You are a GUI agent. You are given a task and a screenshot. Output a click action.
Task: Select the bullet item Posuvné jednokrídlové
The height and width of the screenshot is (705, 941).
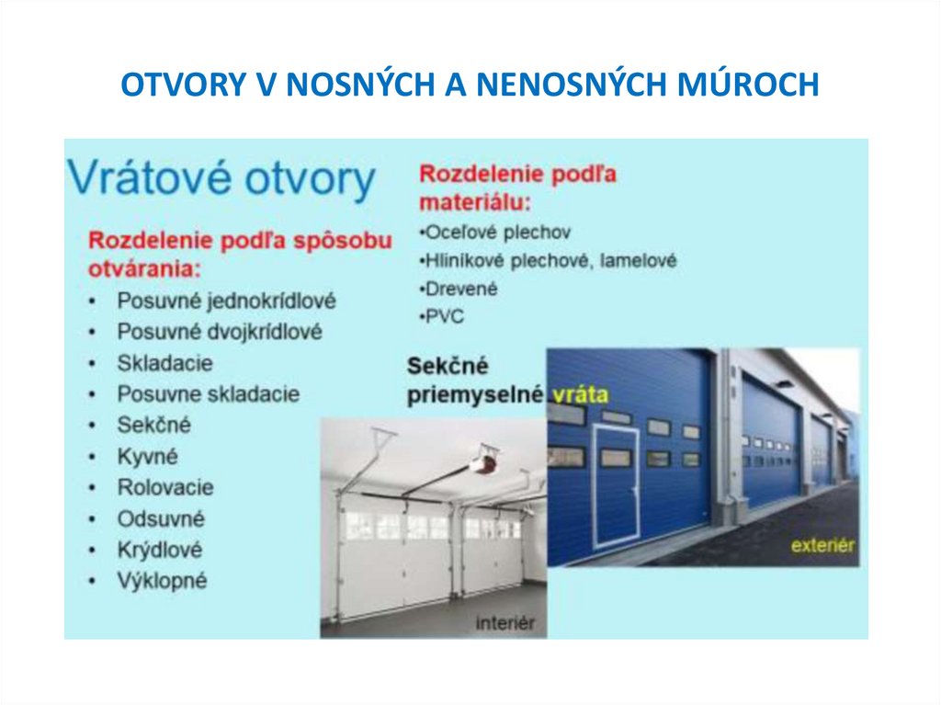point(226,301)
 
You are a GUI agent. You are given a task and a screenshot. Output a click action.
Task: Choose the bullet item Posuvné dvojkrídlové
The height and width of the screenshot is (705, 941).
point(220,332)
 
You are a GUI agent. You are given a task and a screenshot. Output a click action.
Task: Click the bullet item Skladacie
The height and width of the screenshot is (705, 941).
point(164,363)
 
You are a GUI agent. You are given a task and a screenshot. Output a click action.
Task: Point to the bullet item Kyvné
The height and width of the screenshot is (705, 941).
point(147,456)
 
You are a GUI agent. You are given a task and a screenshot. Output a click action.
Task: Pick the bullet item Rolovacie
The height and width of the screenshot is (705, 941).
point(165,487)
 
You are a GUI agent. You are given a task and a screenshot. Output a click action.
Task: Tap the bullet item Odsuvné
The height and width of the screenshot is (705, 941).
point(161,518)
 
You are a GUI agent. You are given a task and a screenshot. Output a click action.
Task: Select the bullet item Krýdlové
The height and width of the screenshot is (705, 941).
point(160,550)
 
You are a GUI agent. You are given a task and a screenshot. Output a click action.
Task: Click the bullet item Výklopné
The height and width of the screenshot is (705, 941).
point(162,581)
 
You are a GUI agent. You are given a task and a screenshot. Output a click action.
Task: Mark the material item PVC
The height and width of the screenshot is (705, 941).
point(445,316)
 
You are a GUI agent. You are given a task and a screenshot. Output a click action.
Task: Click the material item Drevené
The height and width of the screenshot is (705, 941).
point(460,289)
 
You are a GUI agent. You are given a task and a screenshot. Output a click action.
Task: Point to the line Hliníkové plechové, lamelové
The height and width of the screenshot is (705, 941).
point(550,261)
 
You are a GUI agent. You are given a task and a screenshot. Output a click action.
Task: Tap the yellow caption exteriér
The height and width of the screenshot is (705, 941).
point(822,546)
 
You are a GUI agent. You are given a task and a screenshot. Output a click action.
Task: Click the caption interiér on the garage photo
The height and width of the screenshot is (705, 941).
point(505,623)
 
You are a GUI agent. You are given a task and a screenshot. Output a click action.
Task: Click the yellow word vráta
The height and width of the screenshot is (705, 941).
point(581,395)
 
